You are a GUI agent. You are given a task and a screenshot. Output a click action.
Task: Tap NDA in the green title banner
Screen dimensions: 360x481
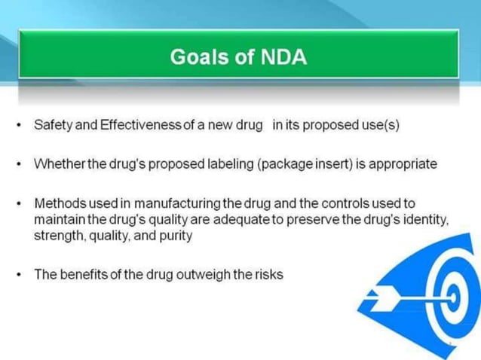click(x=280, y=58)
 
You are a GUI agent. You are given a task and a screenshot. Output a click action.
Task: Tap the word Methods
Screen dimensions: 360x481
click(x=59, y=204)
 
